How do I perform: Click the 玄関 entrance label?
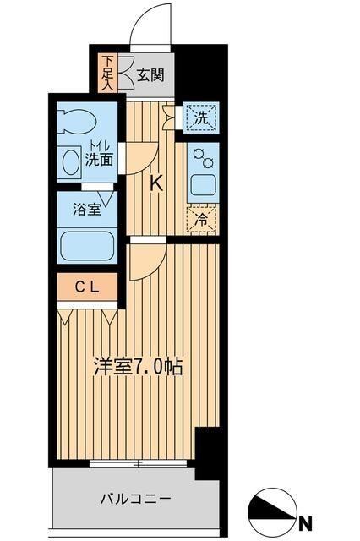[x=151, y=74]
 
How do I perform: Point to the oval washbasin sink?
[x=70, y=161]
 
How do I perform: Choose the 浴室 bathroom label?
[x=86, y=209]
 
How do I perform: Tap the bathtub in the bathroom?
[x=87, y=247]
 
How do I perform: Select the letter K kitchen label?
[x=155, y=183]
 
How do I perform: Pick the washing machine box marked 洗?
[x=201, y=118]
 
